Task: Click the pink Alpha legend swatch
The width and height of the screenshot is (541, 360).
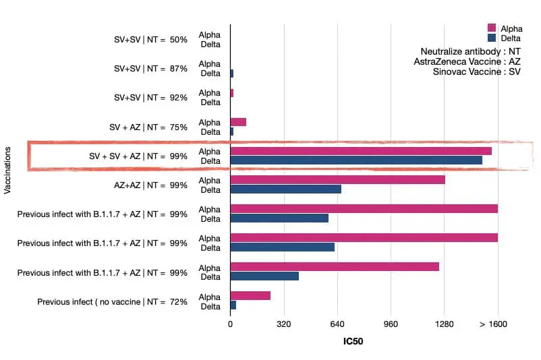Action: tap(492, 28)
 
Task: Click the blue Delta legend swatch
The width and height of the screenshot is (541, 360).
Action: tap(492, 37)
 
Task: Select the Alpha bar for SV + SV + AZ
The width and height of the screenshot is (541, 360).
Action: tap(361, 151)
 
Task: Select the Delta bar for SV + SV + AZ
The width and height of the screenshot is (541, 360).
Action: tap(356, 160)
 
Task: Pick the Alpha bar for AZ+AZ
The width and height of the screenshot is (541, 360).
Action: tap(337, 180)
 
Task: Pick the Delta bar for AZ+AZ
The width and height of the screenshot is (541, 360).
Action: tap(285, 189)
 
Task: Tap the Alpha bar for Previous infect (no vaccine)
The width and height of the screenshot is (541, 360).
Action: tap(250, 296)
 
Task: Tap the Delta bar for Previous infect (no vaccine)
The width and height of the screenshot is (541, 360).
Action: tap(233, 305)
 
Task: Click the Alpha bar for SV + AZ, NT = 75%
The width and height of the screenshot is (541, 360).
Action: tap(238, 122)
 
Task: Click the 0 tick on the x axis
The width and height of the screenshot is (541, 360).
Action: tap(231, 324)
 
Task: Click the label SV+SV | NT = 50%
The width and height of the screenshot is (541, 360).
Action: tap(150, 40)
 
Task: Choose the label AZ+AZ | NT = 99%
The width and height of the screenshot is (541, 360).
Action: tap(150, 185)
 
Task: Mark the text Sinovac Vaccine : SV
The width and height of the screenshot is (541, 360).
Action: tap(476, 71)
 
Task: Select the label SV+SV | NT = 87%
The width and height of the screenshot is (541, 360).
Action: tap(150, 69)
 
